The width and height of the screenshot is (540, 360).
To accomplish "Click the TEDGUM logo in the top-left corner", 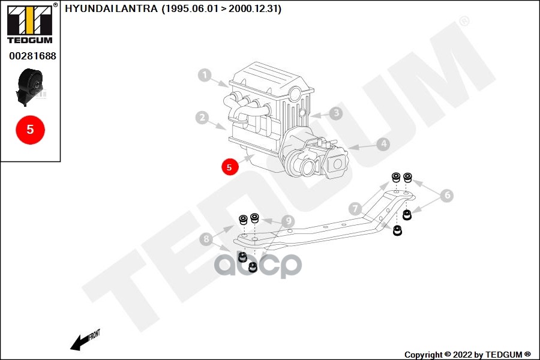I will [29, 24].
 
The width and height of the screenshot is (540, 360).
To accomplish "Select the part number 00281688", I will [32, 56].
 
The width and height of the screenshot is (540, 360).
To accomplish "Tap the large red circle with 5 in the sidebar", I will [31, 129].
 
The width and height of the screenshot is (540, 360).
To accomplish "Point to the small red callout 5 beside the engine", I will [230, 166].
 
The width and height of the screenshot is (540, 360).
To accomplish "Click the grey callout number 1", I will [205, 76].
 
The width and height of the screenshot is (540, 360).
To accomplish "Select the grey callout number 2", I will [202, 118].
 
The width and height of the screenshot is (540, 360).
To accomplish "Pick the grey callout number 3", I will [336, 113].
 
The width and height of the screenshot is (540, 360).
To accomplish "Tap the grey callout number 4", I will [383, 144].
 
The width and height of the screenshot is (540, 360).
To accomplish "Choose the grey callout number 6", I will [447, 195].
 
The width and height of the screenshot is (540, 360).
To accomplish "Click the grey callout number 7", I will [356, 209].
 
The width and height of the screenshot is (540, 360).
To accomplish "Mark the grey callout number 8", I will [206, 240].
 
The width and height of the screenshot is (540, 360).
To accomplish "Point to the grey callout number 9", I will [289, 221].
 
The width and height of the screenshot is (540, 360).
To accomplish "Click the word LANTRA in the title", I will [140, 9].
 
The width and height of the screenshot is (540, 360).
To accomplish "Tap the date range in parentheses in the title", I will [221, 9].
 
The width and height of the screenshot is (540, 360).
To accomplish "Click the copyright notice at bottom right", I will [467, 355].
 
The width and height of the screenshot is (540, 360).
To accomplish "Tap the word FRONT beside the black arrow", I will [94, 334].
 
